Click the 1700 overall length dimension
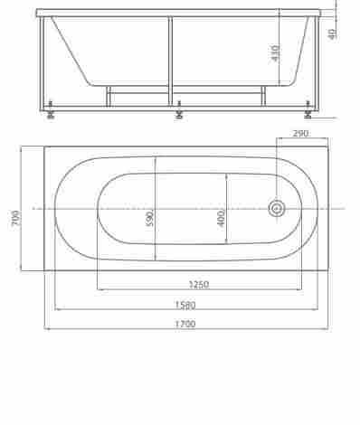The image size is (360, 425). [x=185, y=324]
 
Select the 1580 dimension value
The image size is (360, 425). [x=185, y=305]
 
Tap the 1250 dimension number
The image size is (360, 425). [x=199, y=284]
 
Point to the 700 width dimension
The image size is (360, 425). [x=16, y=219]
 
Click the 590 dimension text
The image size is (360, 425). [x=150, y=218]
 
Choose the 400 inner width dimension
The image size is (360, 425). [x=221, y=218]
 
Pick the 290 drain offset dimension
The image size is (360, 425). [x=300, y=133]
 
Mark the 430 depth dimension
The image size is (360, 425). [x=275, y=53]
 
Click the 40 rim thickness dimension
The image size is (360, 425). [x=332, y=34]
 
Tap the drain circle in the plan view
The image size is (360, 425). [x=277, y=209]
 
